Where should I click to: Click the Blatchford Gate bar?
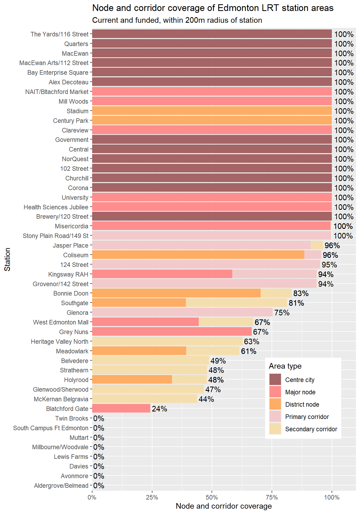click(121, 409)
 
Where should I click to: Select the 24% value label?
click(159, 409)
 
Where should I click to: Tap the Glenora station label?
click(77, 313)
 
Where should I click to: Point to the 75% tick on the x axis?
click(272, 497)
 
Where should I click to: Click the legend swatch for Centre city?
click(275, 380)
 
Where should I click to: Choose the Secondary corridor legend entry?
click(311, 429)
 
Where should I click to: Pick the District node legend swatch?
click(275, 404)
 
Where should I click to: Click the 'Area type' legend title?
click(285, 366)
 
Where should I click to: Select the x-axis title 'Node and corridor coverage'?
click(224, 506)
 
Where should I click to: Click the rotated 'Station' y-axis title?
click(7, 259)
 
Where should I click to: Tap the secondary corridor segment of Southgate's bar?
click(236, 303)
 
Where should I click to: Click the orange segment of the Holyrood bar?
click(132, 380)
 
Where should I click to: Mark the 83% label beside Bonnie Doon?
click(301, 293)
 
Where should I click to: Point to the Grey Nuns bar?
click(172, 332)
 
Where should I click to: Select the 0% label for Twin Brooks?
click(99, 418)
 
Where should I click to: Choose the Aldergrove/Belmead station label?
click(61, 486)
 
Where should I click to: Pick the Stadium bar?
click(212, 111)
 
